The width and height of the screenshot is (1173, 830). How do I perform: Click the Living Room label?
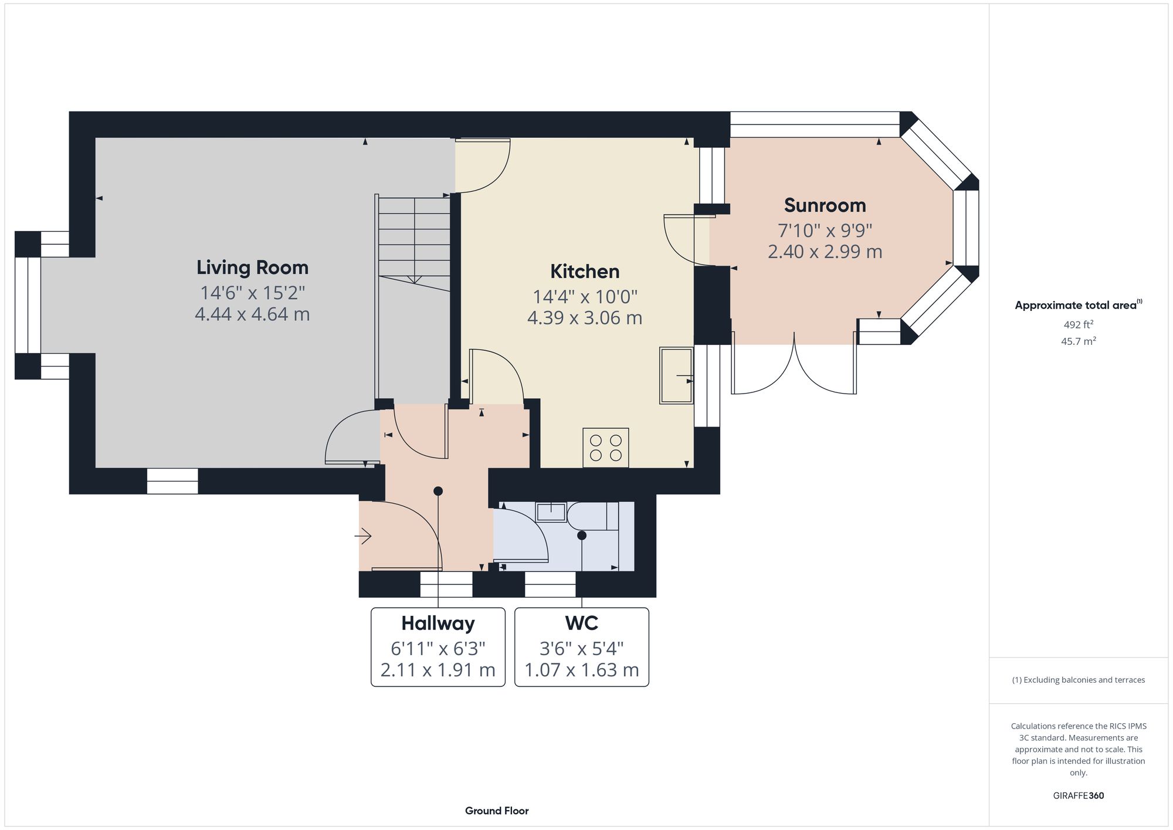tap(252, 267)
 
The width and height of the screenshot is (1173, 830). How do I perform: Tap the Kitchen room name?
tap(585, 272)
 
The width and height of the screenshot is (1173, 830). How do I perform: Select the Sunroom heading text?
tap(825, 205)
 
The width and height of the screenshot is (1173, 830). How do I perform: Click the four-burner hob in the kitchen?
tap(605, 448)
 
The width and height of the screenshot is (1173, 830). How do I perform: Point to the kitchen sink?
tap(676, 375)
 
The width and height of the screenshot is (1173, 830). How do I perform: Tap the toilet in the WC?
tap(592, 516)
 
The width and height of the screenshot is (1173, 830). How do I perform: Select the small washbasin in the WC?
tap(551, 512)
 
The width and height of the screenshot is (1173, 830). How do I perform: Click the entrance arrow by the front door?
tap(363, 536)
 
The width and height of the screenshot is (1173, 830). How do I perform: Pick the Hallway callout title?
tap(438, 623)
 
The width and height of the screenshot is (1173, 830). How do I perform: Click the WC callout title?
tap(581, 623)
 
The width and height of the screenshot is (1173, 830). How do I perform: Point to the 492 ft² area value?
tap(1078, 324)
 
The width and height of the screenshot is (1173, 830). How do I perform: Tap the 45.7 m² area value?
tap(1078, 341)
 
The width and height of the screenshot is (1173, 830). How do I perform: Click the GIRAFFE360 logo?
tap(1078, 796)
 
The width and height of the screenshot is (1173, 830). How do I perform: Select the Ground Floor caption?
tap(497, 811)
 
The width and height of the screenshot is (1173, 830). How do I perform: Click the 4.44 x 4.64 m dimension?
tap(252, 314)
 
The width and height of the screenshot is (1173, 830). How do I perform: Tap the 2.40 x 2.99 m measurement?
tap(825, 252)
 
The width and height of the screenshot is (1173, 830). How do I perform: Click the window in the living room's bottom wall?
tap(172, 481)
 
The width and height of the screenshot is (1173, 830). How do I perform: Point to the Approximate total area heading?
tap(1078, 305)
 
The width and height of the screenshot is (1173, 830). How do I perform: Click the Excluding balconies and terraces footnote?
tap(1078, 680)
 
